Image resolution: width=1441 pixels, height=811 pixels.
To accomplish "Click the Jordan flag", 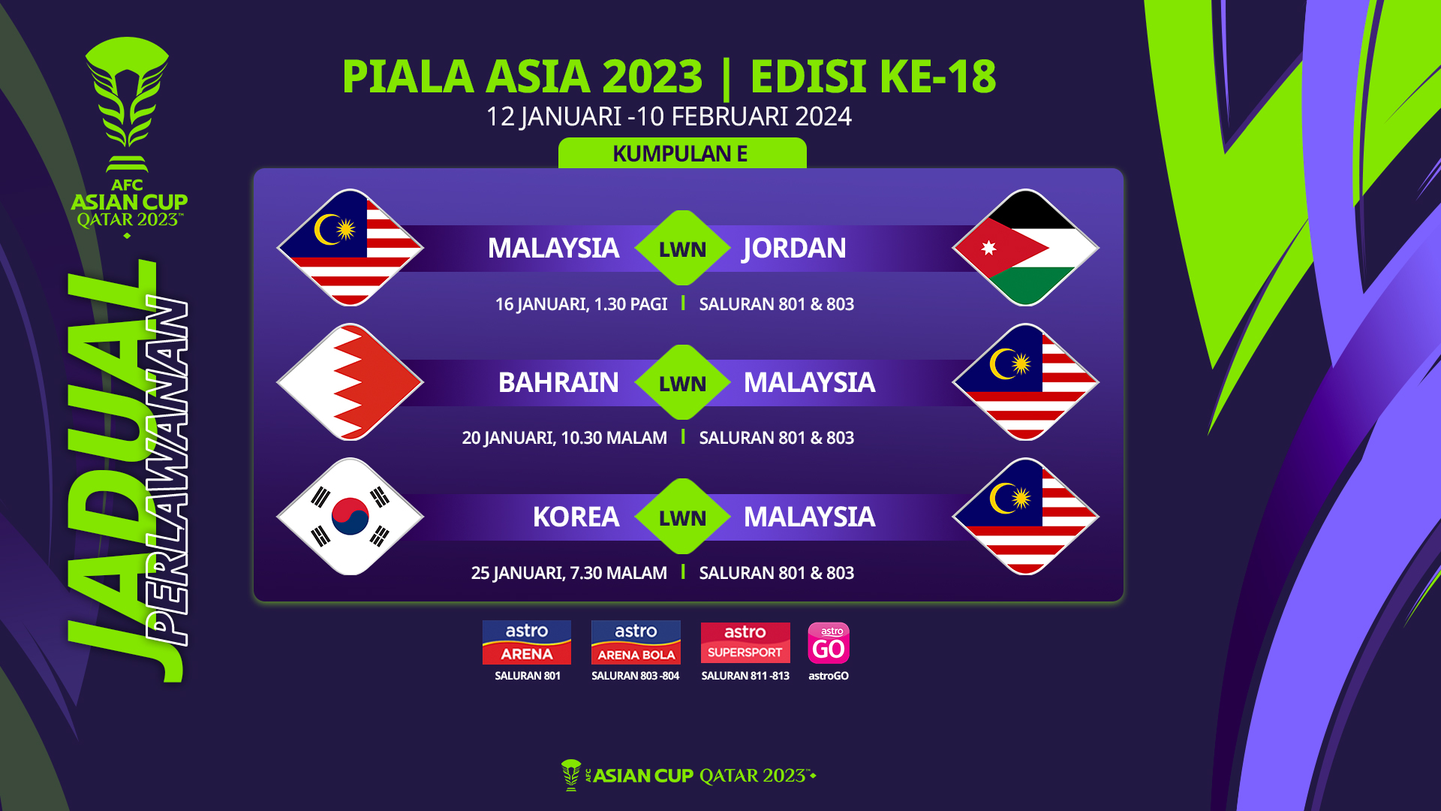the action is click(x=1025, y=248).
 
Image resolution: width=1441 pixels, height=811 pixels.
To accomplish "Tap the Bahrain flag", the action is click(x=350, y=382).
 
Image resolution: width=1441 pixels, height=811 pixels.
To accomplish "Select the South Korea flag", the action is click(x=350, y=517).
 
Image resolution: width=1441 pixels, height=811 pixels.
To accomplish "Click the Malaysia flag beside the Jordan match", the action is click(x=350, y=248).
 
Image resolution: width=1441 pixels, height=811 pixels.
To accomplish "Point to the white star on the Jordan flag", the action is click(x=988, y=248).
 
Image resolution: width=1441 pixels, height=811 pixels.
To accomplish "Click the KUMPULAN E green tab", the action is click(x=682, y=153).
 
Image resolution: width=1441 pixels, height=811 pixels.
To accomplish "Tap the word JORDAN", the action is click(x=794, y=248).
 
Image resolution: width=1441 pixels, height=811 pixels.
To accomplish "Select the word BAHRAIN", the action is click(x=558, y=382).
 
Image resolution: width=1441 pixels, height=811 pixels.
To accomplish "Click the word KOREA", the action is click(x=576, y=517).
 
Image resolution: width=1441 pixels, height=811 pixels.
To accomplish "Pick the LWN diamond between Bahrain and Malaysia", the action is click(x=682, y=382).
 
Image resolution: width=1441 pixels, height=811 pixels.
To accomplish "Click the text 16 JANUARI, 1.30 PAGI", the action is click(x=581, y=304).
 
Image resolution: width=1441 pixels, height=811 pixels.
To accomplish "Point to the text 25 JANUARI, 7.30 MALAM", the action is click(x=569, y=573).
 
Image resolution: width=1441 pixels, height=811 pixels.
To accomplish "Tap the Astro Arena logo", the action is click(x=527, y=643).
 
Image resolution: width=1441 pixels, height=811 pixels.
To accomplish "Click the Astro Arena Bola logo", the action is click(x=636, y=643).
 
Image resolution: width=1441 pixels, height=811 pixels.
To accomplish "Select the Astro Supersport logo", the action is click(x=745, y=643).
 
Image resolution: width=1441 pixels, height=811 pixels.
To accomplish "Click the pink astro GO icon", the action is click(x=829, y=643).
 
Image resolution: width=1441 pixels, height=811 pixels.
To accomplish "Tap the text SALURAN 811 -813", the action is click(x=745, y=676).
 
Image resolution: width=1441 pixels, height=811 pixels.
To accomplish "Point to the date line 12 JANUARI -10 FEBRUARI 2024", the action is click(x=669, y=116).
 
